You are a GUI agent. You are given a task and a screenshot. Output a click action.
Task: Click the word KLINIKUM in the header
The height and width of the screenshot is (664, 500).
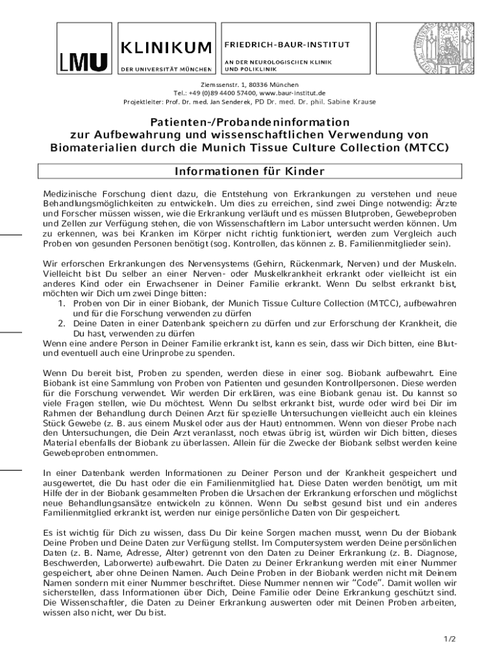tap(166, 47)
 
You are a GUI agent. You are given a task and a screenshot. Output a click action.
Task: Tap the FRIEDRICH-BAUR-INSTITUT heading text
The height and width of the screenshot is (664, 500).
tap(287, 45)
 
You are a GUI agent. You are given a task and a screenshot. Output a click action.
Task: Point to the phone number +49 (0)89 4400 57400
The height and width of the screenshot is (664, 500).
tap(219, 93)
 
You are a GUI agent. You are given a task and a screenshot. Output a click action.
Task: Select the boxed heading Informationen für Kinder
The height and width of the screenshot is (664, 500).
tap(249, 171)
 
